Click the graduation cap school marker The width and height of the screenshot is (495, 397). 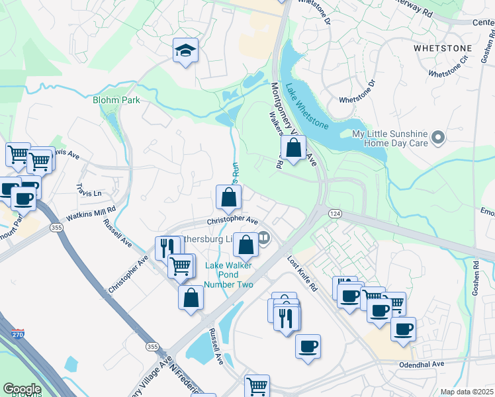pyautogui.click(x=185, y=50)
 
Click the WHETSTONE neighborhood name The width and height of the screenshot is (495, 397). pyautogui.click(x=443, y=48)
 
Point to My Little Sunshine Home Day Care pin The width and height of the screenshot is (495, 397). pyautogui.click(x=437, y=138)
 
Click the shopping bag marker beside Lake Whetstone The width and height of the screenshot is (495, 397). pyautogui.click(x=294, y=148)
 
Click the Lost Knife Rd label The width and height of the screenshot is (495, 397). pyautogui.click(x=302, y=274)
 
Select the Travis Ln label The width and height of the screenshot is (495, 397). pyautogui.click(x=89, y=192)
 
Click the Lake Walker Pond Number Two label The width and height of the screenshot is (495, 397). pyautogui.click(x=229, y=275)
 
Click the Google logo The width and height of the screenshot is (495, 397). pyautogui.click(x=22, y=389)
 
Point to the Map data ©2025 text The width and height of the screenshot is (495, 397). pyautogui.click(x=467, y=392)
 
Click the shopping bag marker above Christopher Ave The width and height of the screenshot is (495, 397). pyautogui.click(x=228, y=197)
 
